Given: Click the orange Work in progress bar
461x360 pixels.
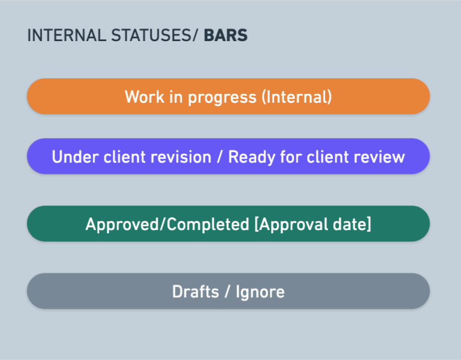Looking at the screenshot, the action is click(228, 96).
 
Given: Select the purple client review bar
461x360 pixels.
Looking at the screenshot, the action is click(228, 156).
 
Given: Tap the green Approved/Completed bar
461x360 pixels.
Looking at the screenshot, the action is click(228, 223).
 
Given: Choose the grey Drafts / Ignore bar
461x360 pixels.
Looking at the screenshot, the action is click(228, 291).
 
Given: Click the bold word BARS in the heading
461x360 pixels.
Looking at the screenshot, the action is click(226, 36).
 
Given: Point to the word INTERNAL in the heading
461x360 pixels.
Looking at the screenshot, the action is click(67, 36).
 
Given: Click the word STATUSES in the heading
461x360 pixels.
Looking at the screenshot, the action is click(152, 36).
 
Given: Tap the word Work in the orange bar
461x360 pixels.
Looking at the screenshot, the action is click(144, 97).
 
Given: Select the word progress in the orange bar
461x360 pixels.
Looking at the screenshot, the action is click(222, 98).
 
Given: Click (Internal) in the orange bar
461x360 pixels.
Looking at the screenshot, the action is click(297, 97).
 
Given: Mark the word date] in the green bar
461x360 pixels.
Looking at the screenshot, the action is click(352, 224).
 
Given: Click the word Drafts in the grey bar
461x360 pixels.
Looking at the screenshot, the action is click(196, 292).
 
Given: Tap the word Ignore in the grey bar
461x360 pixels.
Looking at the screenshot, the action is click(260, 292).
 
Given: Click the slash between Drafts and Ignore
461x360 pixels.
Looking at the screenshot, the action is click(227, 292).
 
